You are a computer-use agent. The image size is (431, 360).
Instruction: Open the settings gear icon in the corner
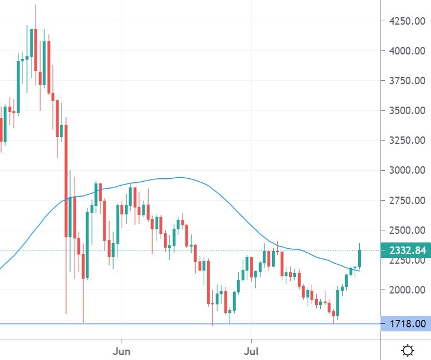click(x=408, y=350)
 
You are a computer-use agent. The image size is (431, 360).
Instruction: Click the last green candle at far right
click(x=360, y=258)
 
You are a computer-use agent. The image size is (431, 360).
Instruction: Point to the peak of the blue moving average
click(x=181, y=177)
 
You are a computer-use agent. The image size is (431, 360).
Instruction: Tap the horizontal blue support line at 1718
click(x=172, y=324)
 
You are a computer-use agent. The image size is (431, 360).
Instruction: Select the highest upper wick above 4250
click(x=36, y=14)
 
